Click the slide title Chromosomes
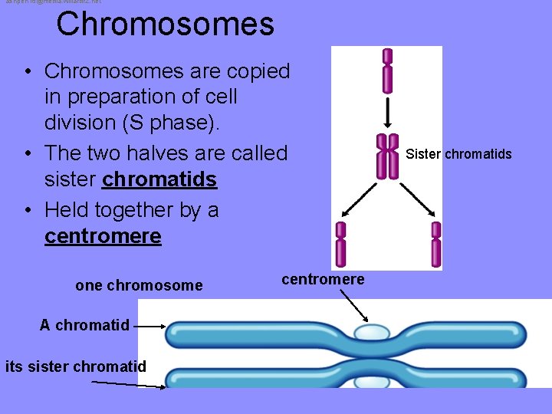click(165, 24)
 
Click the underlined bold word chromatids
click(159, 180)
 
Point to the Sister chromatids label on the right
click(458, 154)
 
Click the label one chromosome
click(139, 286)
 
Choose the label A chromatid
click(85, 325)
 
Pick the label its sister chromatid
click(75, 366)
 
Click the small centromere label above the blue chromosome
click(323, 279)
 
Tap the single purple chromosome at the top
click(388, 71)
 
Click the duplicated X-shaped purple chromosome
click(388, 156)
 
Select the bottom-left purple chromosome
click(341, 245)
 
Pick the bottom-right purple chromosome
click(435, 245)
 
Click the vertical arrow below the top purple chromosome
click(388, 112)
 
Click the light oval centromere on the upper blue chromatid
click(372, 333)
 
